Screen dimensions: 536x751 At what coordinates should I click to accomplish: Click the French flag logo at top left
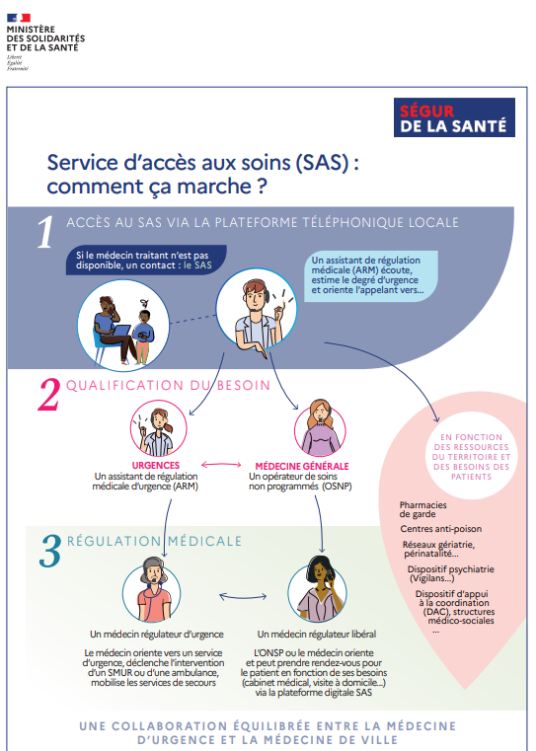click(19, 18)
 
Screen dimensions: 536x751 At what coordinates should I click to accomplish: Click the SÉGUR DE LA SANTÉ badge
click(454, 117)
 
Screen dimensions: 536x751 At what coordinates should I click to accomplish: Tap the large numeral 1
click(45, 232)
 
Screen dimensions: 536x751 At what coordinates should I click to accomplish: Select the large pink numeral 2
click(49, 394)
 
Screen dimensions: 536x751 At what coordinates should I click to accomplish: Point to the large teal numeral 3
click(50, 551)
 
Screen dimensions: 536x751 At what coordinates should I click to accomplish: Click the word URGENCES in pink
click(156, 465)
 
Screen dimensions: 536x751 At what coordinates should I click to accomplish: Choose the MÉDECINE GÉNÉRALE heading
click(302, 466)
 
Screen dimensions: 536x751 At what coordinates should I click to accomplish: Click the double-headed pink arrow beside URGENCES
click(221, 464)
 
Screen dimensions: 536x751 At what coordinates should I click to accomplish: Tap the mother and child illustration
click(123, 326)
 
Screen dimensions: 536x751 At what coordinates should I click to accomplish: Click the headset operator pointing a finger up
click(257, 309)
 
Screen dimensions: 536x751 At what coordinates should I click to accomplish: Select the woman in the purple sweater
click(320, 428)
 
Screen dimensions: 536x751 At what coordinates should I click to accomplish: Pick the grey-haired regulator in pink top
click(152, 590)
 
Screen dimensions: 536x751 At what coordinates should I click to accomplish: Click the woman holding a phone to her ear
click(317, 590)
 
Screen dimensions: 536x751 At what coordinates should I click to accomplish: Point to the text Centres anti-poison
click(440, 529)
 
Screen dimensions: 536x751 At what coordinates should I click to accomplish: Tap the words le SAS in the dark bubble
click(197, 265)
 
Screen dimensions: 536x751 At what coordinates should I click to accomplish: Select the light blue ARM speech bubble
click(371, 275)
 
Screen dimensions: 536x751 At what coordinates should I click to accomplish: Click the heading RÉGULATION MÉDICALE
click(154, 541)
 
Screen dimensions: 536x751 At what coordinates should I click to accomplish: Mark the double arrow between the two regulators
click(243, 596)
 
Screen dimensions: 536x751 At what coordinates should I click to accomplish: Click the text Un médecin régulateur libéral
click(317, 635)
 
